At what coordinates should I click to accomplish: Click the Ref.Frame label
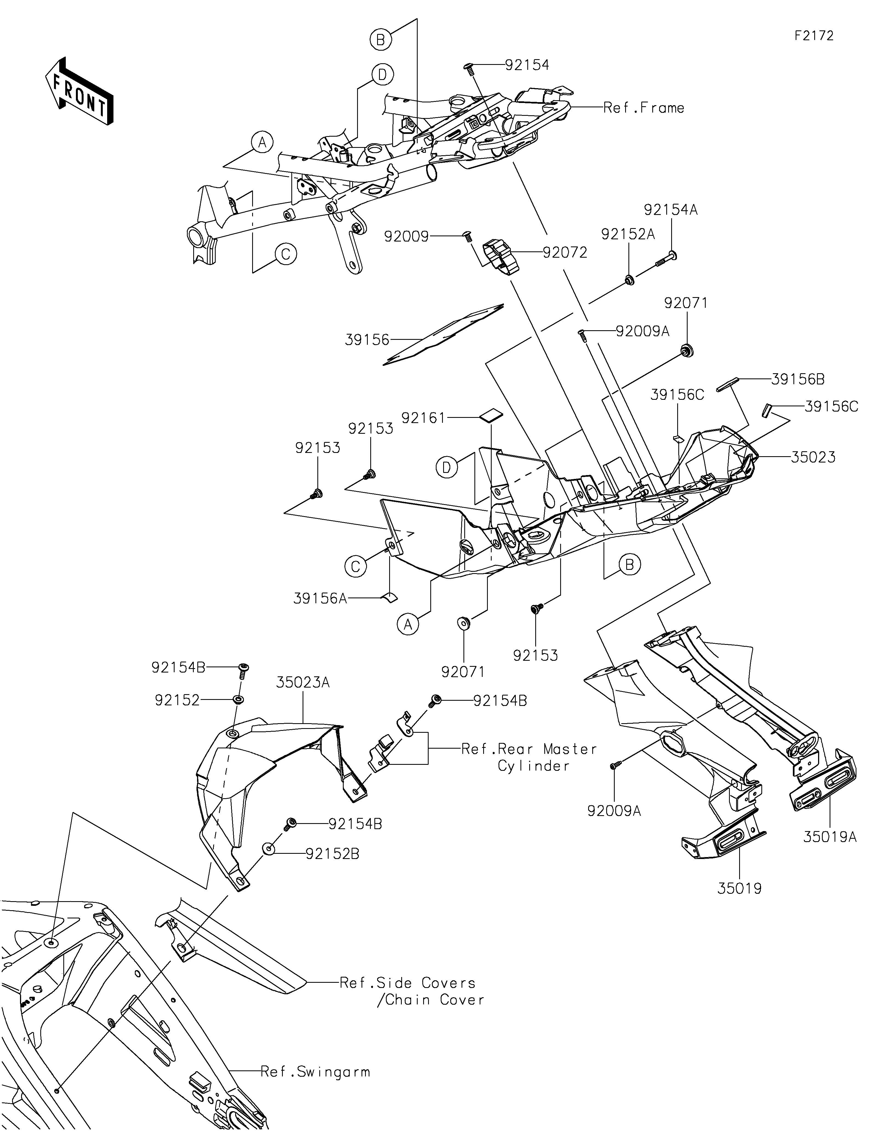pos(643,108)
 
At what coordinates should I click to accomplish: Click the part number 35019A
pos(830,837)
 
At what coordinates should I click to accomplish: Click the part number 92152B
pos(332,854)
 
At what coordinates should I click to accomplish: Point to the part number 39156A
pos(320,599)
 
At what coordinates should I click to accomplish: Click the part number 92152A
pos(628,234)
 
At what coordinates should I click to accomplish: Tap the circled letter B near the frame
pos(381,39)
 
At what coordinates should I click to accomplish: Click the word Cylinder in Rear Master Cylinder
pos(534,766)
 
